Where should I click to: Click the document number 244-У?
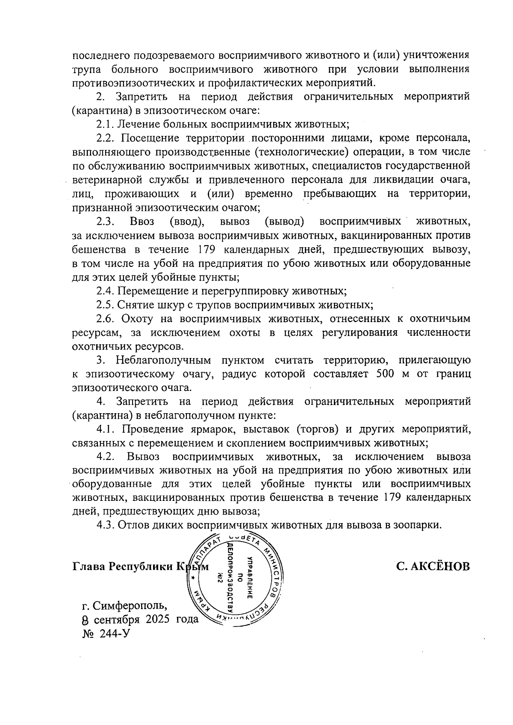tap(114, 633)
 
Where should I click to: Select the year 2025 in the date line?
tap(158, 619)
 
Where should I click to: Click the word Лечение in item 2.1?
tap(136, 124)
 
